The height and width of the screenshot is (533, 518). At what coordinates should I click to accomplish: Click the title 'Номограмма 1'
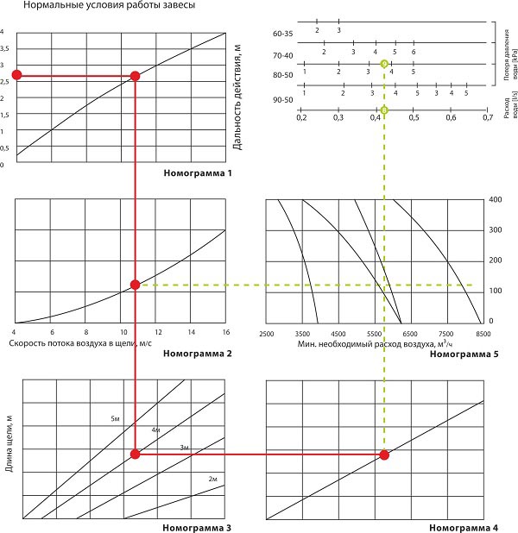[198, 173]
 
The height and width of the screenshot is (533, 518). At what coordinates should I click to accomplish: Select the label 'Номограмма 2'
[198, 354]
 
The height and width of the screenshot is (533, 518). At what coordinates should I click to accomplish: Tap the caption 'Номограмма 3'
[198, 527]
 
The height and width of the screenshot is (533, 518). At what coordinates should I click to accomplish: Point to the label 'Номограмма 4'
[464, 527]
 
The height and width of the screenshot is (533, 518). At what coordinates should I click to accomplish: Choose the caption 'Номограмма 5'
[464, 354]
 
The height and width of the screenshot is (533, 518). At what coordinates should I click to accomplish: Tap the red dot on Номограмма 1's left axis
[16, 76]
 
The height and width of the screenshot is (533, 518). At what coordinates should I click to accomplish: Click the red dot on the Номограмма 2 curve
[135, 285]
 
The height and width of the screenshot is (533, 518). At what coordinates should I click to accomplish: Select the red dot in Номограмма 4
[385, 454]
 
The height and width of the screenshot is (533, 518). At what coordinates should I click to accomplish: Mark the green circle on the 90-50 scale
[384, 110]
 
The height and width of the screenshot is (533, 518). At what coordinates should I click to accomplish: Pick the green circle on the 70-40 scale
[384, 64]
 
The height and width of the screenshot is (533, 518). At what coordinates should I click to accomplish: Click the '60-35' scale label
[282, 34]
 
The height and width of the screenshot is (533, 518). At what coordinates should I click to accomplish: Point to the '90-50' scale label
[282, 100]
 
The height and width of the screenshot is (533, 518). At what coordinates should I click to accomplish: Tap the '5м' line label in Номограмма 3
[115, 418]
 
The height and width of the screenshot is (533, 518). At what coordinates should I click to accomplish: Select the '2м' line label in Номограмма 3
[212, 478]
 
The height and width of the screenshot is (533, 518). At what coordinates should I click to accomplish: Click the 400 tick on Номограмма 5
[496, 200]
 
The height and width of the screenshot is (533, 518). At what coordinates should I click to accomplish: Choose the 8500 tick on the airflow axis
[483, 333]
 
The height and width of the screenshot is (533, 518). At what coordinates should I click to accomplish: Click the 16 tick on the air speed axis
[225, 333]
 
